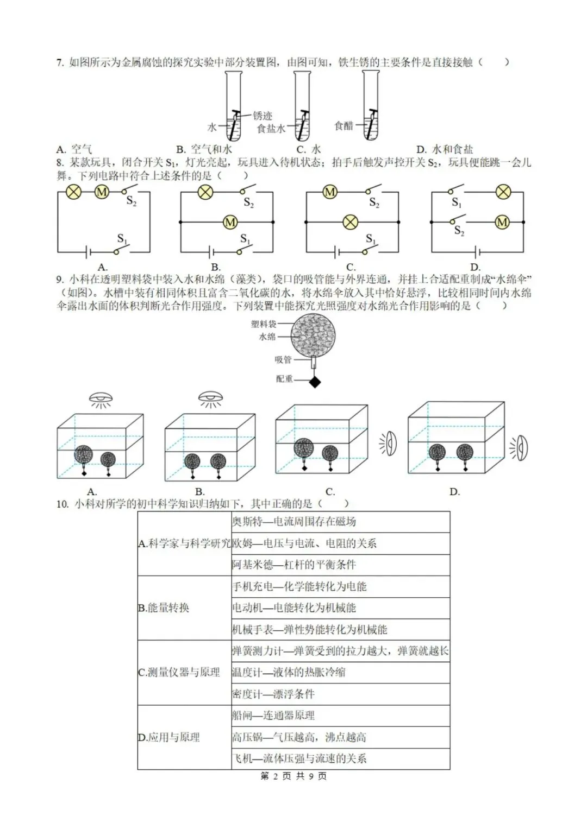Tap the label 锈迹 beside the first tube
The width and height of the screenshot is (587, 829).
[x=262, y=116]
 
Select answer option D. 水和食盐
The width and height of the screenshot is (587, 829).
[x=445, y=149]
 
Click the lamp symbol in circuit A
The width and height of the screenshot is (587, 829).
[x=74, y=192]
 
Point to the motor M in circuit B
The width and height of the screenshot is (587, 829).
[x=230, y=222]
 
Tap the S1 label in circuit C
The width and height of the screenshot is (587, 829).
[x=371, y=238]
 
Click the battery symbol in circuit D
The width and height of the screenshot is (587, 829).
[x=477, y=252]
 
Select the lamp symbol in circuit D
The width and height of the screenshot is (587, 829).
[x=503, y=192]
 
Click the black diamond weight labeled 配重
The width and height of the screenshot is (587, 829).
[x=315, y=382]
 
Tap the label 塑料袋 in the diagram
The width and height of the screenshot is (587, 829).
[x=264, y=324]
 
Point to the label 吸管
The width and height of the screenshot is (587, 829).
[x=283, y=359]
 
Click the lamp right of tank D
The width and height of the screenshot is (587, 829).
[x=520, y=448]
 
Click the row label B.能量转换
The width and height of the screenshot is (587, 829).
[x=164, y=608]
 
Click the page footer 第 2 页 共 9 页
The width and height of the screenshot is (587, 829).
[x=293, y=776]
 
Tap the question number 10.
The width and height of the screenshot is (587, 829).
[x=62, y=504]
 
